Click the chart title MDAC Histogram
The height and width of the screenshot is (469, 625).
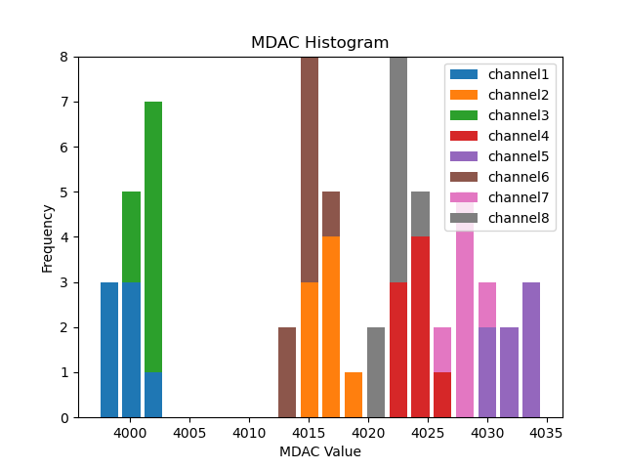(x=319, y=43)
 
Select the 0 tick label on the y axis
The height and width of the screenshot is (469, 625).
(x=65, y=418)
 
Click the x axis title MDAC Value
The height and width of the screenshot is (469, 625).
(x=319, y=451)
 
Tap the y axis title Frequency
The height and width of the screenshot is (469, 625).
(x=48, y=237)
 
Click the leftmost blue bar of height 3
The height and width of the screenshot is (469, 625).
(x=109, y=350)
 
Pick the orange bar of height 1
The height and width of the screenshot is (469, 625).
(x=354, y=395)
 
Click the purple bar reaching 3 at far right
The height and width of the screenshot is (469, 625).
(x=531, y=350)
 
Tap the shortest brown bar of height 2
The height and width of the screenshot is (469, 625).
(x=287, y=372)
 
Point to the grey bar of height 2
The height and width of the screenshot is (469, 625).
(x=376, y=372)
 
